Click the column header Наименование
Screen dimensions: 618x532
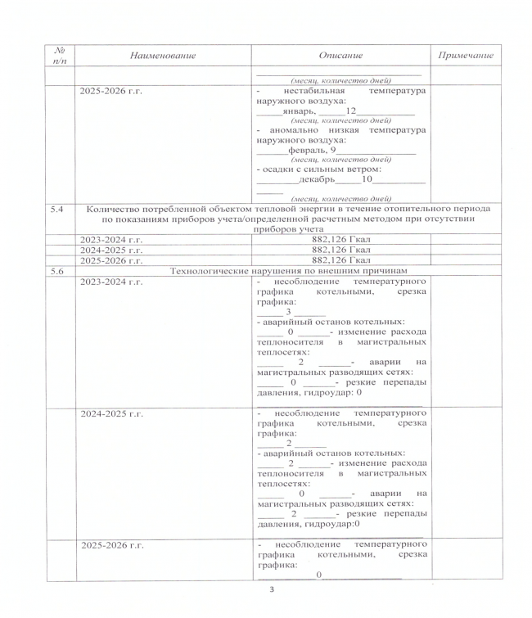point(162,55)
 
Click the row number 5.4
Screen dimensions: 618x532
point(57,210)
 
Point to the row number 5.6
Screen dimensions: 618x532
point(57,269)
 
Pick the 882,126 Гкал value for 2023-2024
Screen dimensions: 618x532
point(343,239)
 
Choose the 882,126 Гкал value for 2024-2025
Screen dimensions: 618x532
point(343,249)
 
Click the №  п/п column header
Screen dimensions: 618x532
point(57,55)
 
